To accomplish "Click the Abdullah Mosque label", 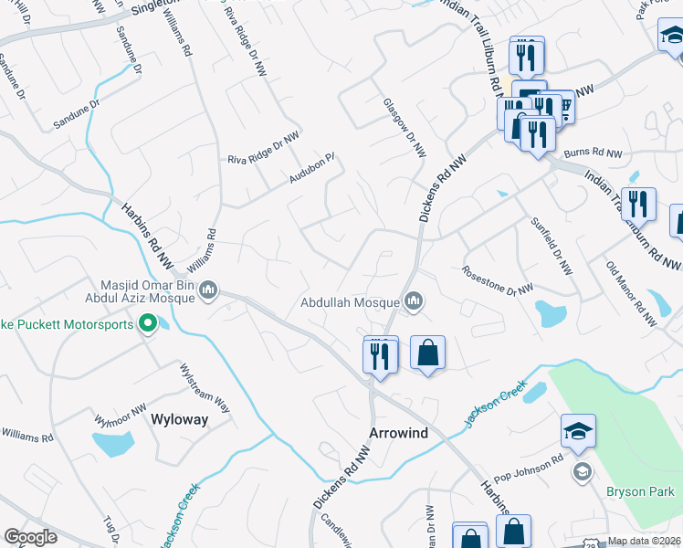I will pos(351,302).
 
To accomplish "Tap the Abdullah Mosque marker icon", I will pos(415,300).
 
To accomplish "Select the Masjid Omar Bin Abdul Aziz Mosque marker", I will pos(208,290).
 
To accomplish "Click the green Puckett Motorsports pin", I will pos(147,323).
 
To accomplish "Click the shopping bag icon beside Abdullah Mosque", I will pos(427,353).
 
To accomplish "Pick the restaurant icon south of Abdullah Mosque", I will pos(381,354).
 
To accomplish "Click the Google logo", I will pos(30,537).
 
